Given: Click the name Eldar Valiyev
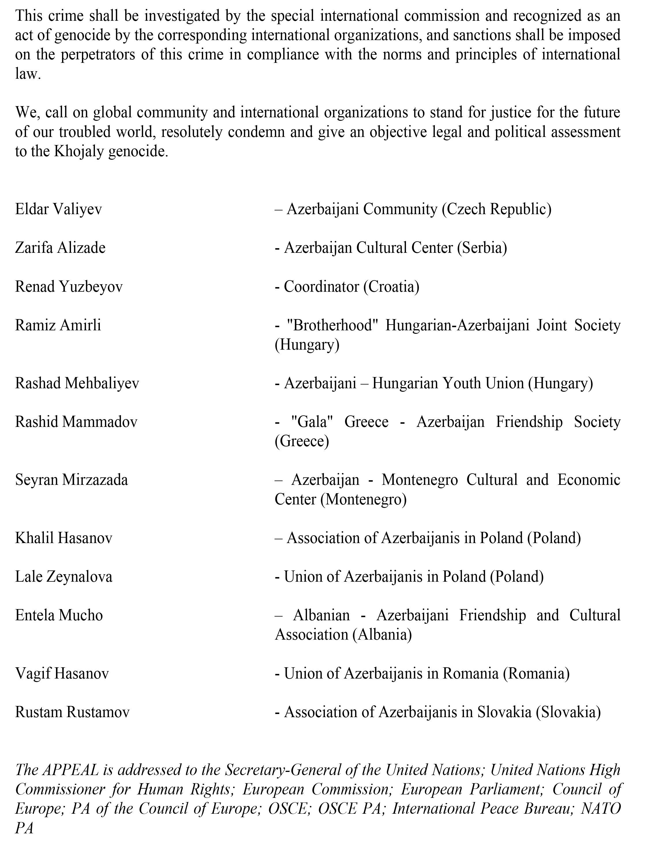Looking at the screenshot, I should pos(59,209).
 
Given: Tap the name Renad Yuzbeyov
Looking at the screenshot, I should pos(69,287).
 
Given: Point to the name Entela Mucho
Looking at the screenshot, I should pos(59,615).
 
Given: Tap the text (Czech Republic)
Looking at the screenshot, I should pos(496,209).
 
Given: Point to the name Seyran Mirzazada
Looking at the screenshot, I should pos(71,480).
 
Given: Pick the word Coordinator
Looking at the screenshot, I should pos(321,287).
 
